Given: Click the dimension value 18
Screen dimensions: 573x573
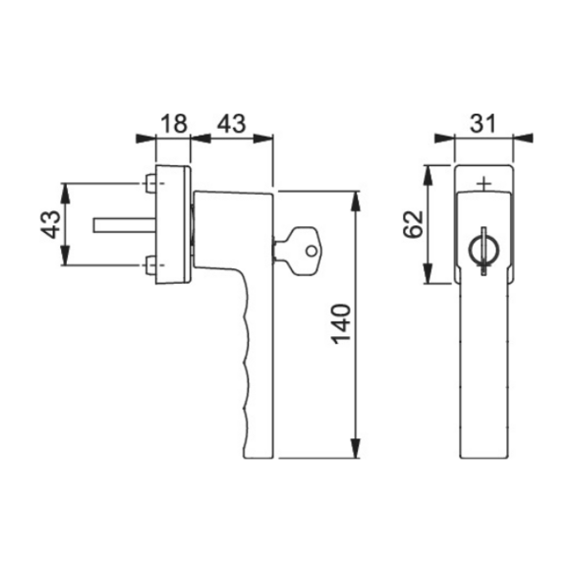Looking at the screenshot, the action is coord(174,123).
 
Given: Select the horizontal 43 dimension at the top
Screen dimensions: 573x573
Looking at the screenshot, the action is coord(232,123).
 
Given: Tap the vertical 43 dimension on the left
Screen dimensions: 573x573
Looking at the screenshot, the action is coord(50,224).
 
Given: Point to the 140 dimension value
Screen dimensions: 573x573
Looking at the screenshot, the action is coord(341,324).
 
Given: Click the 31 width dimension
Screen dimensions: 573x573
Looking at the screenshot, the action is coord(482,123).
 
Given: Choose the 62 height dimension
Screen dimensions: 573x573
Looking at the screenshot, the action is coord(413,224).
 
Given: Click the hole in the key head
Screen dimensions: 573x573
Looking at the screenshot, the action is coord(311,251).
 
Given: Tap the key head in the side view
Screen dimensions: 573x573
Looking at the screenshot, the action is coord(305,251).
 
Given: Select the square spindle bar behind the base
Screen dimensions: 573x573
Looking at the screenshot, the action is coord(125,224).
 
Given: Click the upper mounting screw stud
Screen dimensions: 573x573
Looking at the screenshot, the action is coord(151,183).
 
